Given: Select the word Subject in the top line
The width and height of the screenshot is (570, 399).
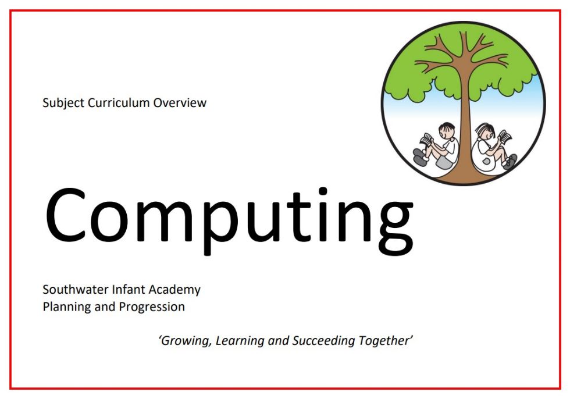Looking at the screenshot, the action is (63, 103).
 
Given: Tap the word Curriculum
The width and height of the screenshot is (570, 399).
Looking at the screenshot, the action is (119, 103).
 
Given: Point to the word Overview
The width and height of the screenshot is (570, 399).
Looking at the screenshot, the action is (180, 103).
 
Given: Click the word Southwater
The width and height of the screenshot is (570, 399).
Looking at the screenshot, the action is (76, 290).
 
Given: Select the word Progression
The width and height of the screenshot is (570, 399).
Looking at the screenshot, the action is (152, 307).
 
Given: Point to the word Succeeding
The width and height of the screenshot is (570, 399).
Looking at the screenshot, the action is (323, 341).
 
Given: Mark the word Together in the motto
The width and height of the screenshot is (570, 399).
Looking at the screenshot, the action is (385, 341).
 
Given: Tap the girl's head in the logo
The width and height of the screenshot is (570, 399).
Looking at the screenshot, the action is (484, 131).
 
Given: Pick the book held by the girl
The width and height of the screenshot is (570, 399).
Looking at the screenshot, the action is (505, 136).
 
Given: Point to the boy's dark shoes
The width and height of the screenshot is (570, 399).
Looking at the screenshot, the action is (420, 157).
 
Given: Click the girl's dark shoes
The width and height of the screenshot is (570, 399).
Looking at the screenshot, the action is (510, 161).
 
